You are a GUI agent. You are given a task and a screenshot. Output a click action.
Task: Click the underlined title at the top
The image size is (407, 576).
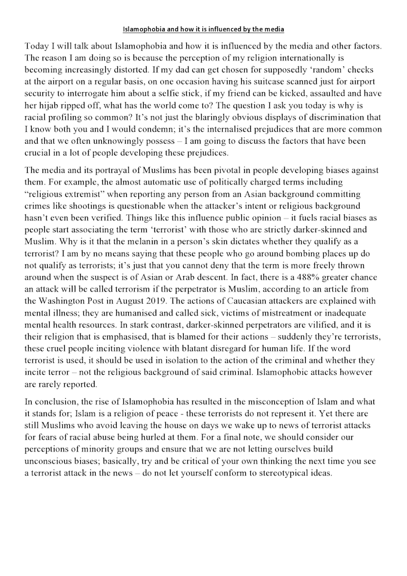203,29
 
